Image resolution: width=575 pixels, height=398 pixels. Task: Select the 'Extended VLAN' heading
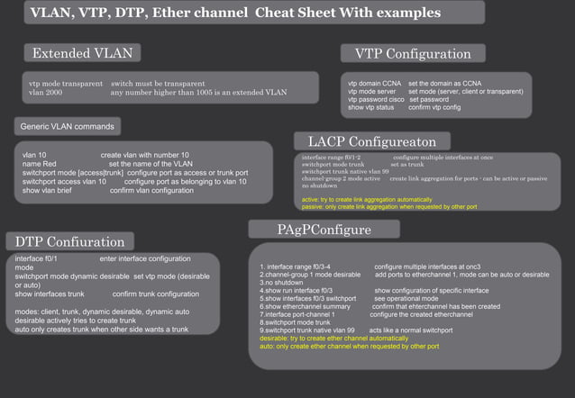point(87,53)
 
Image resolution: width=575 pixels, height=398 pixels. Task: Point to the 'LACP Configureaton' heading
point(372,141)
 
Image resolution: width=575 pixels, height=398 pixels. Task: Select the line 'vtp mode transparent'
point(66,84)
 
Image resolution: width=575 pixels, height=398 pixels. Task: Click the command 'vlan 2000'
point(45,92)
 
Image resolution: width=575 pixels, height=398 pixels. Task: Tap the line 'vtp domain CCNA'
point(374,84)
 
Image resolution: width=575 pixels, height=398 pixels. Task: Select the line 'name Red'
point(40,165)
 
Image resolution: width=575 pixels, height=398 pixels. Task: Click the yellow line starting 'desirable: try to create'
point(333,338)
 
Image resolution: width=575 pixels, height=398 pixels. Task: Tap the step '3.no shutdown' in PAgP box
point(281,283)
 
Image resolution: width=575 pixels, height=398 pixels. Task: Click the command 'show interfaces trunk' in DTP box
point(50,294)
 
